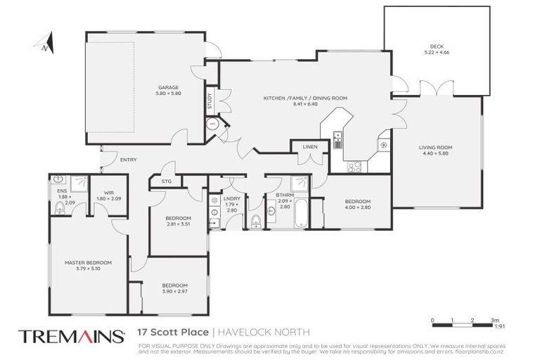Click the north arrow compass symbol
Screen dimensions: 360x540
tap(45, 44)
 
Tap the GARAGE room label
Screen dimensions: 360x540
tap(169, 88)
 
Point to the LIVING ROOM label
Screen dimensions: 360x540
tap(435, 147)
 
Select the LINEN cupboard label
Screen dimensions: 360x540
tap(310, 147)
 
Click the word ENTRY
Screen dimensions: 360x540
tap(129, 160)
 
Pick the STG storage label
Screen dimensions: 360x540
tap(166, 181)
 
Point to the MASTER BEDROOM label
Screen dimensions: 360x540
tap(88, 262)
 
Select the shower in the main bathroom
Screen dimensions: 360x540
tap(300, 184)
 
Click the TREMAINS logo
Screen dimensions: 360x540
tap(71, 335)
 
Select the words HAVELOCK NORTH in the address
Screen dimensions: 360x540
tap(264, 332)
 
